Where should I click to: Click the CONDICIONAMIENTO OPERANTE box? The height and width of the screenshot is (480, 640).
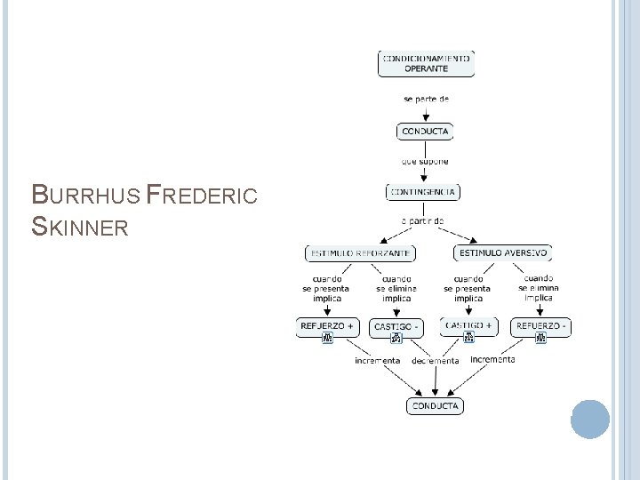click(426, 62)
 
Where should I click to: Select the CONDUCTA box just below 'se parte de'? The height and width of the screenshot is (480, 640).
click(425, 132)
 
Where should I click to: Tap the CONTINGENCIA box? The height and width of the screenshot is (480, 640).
click(424, 191)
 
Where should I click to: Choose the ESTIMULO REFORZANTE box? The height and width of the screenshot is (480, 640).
click(360, 253)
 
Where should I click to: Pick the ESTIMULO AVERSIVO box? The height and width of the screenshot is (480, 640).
click(503, 253)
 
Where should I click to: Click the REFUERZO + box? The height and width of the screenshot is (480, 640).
click(327, 326)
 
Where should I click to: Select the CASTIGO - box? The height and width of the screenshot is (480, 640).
click(396, 327)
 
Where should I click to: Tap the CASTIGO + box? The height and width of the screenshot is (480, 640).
click(468, 325)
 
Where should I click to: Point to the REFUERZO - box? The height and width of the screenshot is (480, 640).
click(540, 326)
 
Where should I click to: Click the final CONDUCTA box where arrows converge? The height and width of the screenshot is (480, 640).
click(436, 405)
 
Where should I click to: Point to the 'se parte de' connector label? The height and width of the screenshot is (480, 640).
click(426, 99)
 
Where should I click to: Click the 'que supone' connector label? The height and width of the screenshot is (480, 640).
click(425, 162)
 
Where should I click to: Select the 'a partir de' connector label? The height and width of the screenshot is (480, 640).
click(423, 220)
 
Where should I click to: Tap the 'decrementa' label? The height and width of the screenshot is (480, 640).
click(436, 361)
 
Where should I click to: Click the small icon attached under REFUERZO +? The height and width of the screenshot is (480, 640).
click(327, 338)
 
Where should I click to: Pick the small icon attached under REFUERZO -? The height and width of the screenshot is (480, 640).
click(540, 338)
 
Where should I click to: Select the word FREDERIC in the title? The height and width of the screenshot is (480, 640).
click(202, 194)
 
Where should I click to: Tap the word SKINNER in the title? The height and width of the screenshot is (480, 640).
click(80, 228)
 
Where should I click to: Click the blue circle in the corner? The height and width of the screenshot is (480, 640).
click(589, 419)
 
